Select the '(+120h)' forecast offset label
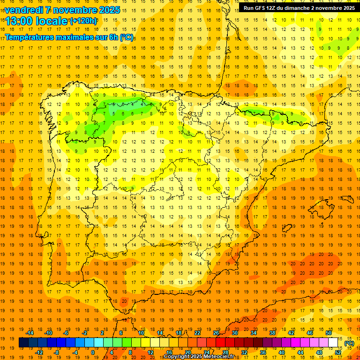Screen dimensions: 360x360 tap(84, 21)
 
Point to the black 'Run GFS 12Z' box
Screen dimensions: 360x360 tap(299, 8)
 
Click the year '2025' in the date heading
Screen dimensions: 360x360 tap(109, 10)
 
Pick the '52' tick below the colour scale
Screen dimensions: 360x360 tap(338, 352)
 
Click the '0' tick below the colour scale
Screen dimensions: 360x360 tap(93, 352)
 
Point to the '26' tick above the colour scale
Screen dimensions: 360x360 tap(217, 332)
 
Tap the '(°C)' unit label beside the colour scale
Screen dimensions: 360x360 tap(349, 343)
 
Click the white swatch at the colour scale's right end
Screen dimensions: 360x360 tap(333, 343)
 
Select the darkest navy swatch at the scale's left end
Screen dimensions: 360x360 tap(23, 343)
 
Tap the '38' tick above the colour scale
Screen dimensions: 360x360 tap(272, 332)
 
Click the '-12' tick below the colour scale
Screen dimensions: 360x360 tap(39, 352)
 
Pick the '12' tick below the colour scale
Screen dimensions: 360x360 tap(150, 352)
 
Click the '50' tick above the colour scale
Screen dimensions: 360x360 tap(329, 332)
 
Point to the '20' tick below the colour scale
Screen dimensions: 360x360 tap(188, 352)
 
